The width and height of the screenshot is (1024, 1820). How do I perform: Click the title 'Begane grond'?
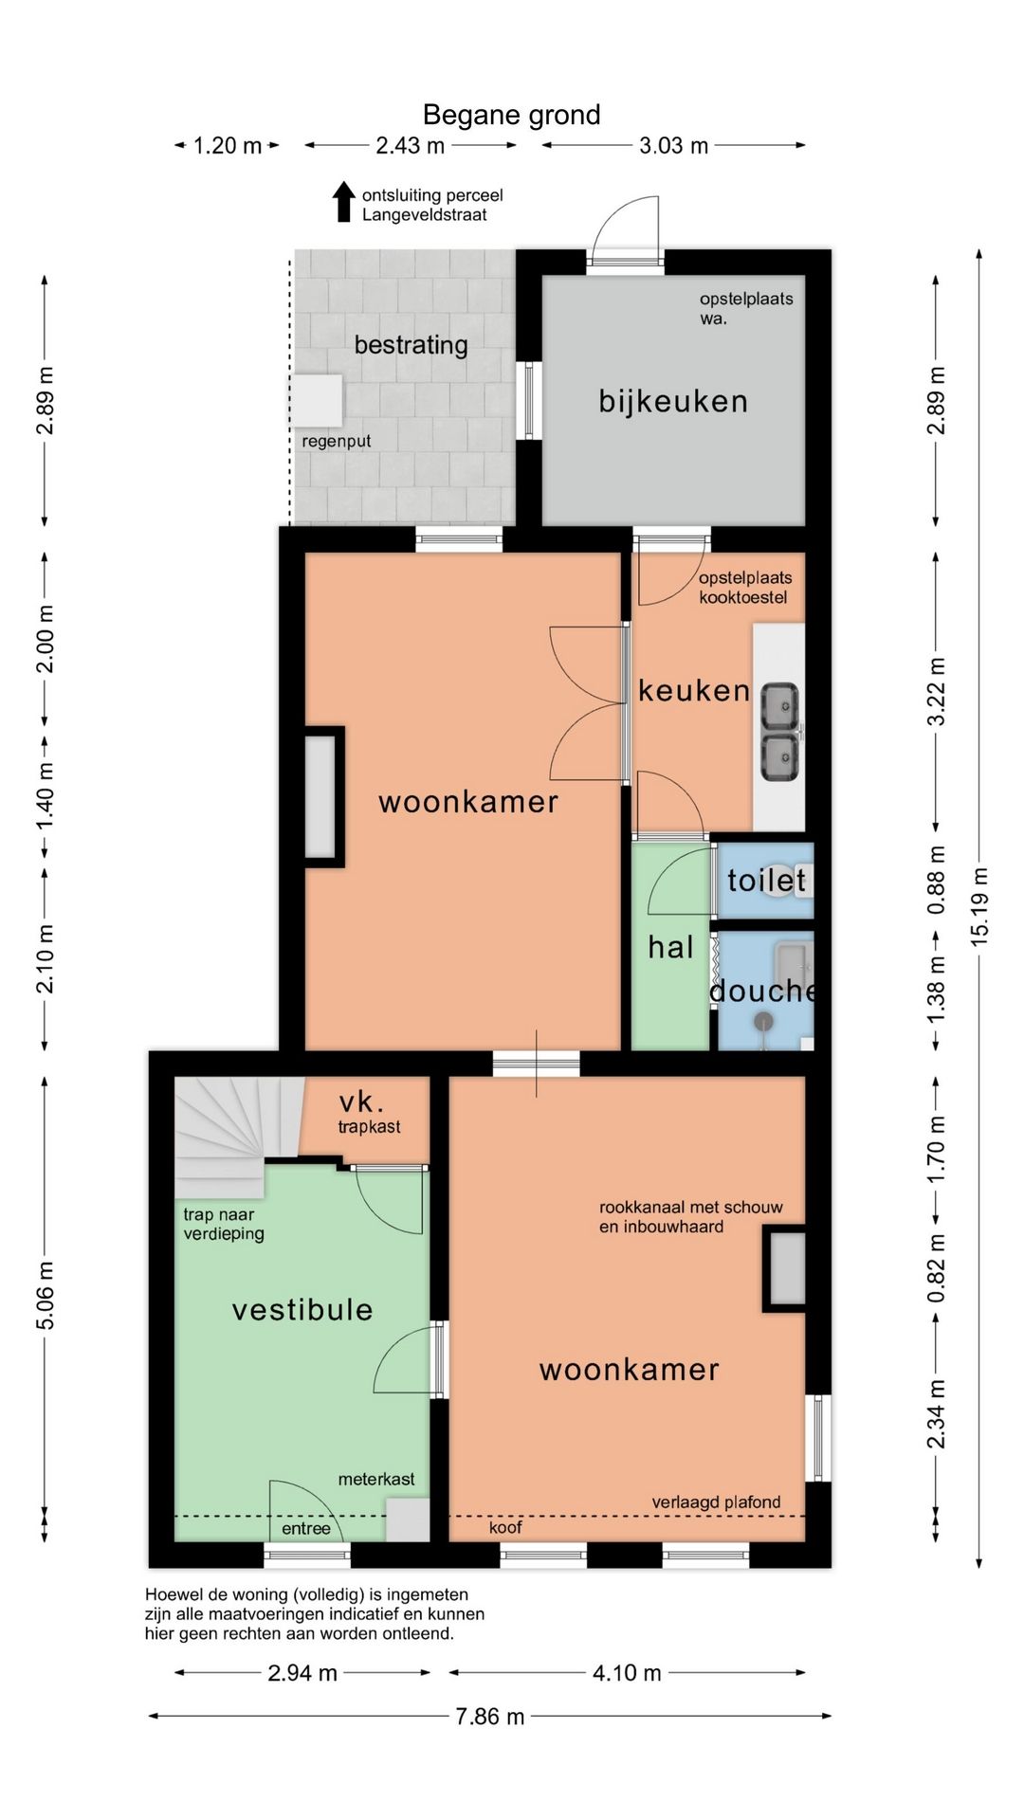click(x=511, y=115)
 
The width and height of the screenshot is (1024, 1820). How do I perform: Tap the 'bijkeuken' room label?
click(x=673, y=401)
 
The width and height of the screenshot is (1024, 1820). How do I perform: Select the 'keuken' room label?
click(x=694, y=690)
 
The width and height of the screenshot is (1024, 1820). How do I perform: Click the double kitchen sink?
click(x=780, y=732)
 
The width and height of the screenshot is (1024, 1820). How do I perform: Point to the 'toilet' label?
click(x=766, y=881)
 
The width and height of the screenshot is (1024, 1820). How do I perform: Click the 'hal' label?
click(x=670, y=947)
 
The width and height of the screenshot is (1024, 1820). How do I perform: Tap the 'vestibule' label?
click(x=302, y=1310)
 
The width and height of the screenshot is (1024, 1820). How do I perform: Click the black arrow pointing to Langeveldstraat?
click(x=344, y=201)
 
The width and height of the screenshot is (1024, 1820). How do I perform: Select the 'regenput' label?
click(x=336, y=441)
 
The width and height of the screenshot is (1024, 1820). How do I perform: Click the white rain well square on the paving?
click(x=317, y=400)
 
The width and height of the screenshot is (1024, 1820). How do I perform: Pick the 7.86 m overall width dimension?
click(x=489, y=1717)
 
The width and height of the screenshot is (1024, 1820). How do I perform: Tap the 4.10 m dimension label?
click(x=627, y=1673)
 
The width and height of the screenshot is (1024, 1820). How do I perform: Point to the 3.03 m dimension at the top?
click(x=673, y=146)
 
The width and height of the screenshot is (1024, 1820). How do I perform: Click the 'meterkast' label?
click(x=376, y=1479)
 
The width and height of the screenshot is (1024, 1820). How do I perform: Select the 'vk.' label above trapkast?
click(x=361, y=1102)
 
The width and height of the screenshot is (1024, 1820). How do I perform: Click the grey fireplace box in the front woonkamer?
click(x=785, y=1268)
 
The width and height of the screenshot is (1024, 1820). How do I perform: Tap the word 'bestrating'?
click(x=411, y=344)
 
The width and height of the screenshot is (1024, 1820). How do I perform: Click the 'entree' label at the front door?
click(x=306, y=1528)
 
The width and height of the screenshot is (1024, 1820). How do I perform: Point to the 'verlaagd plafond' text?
click(x=716, y=1502)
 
